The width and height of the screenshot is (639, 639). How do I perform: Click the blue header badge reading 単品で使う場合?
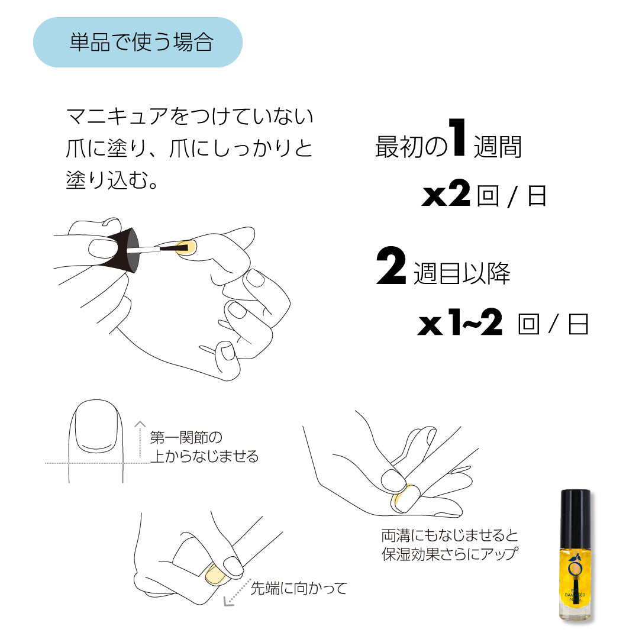point(137,43)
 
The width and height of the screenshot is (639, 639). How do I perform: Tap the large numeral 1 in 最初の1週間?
point(457,138)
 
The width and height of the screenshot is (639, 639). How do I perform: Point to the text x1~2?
point(460,324)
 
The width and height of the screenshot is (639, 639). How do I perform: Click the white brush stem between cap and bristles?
point(153,250)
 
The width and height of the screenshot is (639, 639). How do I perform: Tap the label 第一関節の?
point(186,438)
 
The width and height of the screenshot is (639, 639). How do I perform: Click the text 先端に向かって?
point(299,588)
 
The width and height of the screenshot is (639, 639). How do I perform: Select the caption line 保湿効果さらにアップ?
point(450,554)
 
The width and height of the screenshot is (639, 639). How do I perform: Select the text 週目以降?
point(461,273)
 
